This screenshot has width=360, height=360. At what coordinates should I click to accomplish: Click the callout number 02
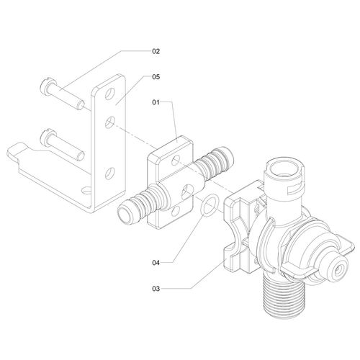click(156, 51)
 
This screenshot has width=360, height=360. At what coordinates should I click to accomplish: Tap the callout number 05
click(156, 76)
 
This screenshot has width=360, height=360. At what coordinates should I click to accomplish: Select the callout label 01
click(156, 103)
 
